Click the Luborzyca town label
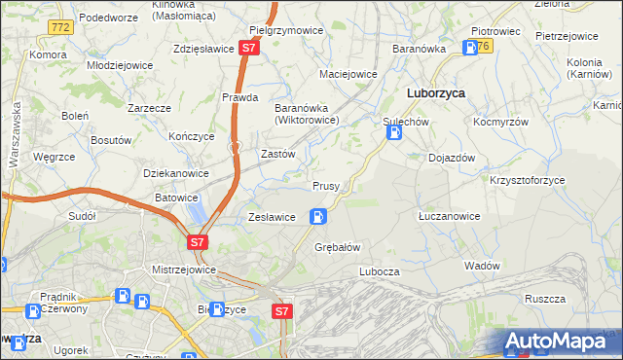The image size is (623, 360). pyautogui.click(x=434, y=93)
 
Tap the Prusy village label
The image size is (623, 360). pyautogui.click(x=325, y=186)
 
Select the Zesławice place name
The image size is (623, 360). pyautogui.click(x=272, y=217)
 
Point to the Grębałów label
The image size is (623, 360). pyautogui.click(x=338, y=247)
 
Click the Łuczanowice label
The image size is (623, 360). pyautogui.click(x=448, y=216)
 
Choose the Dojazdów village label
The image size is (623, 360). pyautogui.click(x=451, y=158)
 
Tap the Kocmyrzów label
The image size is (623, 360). pyautogui.click(x=500, y=124)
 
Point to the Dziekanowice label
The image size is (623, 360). pyautogui.click(x=176, y=173)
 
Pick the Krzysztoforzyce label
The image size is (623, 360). pyautogui.click(x=528, y=181)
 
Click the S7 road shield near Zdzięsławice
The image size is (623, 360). pyautogui.click(x=249, y=47)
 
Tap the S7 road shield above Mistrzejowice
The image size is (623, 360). pyautogui.click(x=197, y=241)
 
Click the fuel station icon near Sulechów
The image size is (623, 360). pyautogui.click(x=394, y=134)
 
